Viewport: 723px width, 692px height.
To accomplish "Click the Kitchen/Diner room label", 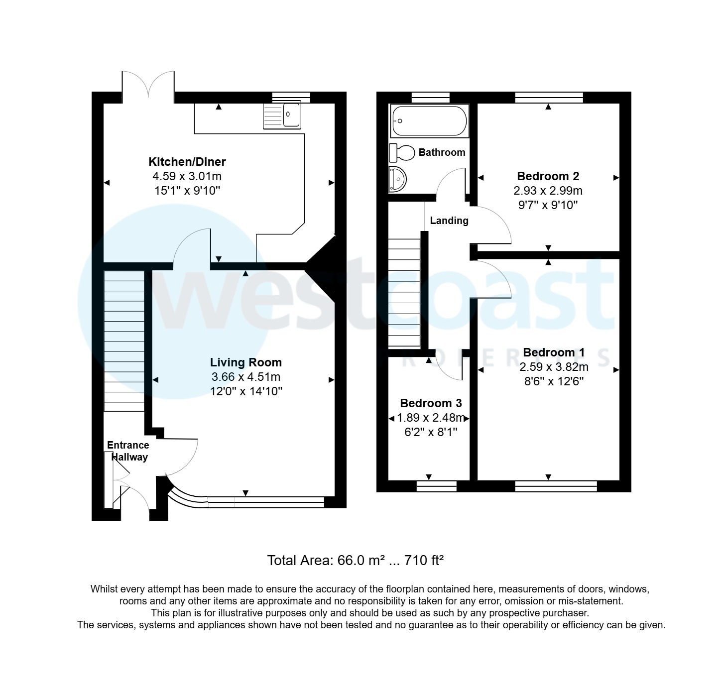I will (x=187, y=162).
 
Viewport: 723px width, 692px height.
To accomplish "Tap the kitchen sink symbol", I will (x=282, y=115).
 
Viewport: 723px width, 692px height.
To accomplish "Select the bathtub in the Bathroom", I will (x=429, y=121).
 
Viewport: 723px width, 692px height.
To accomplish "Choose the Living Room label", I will (x=245, y=362).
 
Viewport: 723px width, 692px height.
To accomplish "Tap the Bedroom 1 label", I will (x=554, y=352).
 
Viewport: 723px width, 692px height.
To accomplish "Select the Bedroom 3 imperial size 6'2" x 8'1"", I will (x=431, y=432).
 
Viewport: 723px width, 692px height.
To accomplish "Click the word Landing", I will (x=449, y=221).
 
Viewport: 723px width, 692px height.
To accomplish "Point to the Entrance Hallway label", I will (x=128, y=451).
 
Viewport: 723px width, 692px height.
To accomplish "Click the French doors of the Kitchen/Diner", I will (x=148, y=85).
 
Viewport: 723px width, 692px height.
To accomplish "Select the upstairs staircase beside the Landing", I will (x=404, y=293).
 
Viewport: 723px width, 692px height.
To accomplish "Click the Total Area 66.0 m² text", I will (x=355, y=561).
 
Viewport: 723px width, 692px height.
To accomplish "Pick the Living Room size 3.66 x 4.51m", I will (x=245, y=377).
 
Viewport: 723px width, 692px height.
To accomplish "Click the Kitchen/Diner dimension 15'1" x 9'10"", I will (x=187, y=191).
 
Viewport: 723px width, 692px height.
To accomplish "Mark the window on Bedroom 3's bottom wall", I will (x=436, y=486).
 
